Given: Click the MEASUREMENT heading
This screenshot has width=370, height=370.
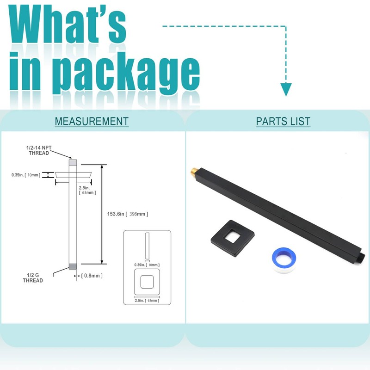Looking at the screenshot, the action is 92,122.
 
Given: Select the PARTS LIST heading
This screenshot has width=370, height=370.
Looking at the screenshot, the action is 283,122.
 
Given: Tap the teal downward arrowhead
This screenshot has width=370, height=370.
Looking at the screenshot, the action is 286,89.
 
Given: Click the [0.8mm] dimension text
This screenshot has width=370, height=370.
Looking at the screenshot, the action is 92,276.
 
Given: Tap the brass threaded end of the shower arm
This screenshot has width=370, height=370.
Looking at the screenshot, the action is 193,171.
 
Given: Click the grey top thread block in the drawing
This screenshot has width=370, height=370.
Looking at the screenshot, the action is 73,163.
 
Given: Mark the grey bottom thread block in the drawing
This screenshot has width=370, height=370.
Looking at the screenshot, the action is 72,266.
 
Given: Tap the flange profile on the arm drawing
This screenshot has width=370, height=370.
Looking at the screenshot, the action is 72,175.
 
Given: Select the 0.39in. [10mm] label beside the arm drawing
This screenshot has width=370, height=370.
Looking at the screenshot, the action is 26,175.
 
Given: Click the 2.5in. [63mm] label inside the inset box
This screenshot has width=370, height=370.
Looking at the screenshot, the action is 147,301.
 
